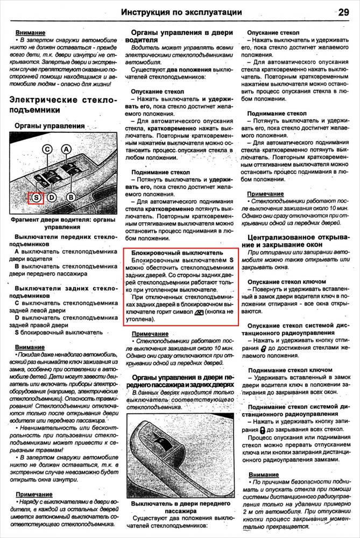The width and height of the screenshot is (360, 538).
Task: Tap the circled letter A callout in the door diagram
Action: click(66, 150)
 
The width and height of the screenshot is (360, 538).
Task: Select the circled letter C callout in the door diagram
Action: click(47, 150)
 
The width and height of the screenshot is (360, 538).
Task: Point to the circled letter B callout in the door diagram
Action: click(70, 197)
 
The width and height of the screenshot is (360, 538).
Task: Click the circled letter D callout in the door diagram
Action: click(52, 197)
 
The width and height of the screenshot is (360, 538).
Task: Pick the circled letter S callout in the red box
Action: click(36, 197)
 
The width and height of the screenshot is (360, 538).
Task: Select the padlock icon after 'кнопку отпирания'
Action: click(263, 349)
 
